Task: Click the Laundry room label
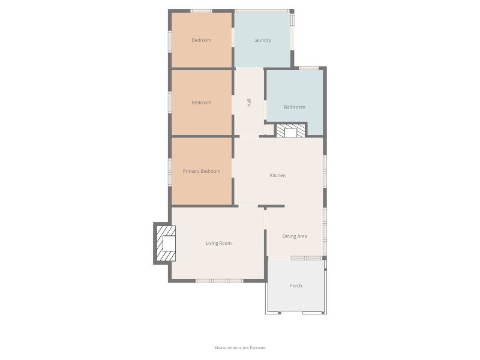[x=262, y=40]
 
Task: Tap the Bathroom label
[x=295, y=107]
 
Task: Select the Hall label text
[x=249, y=102]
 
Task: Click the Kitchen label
[x=278, y=175]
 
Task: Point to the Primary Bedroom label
[x=202, y=171]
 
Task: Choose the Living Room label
[x=218, y=244]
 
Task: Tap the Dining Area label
[x=295, y=236]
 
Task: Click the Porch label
[x=296, y=286]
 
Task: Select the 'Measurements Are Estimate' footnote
[x=240, y=348]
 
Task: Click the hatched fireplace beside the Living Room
[x=166, y=244]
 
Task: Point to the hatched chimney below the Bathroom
[x=290, y=131]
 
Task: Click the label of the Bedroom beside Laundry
[x=202, y=40]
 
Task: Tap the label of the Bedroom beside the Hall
[x=202, y=103]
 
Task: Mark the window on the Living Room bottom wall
[x=220, y=281]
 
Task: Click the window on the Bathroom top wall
[x=308, y=68]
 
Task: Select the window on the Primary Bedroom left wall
[x=170, y=172]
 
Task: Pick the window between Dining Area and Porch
[x=306, y=259]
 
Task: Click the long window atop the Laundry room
[x=262, y=11]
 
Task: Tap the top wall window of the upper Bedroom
[x=201, y=11]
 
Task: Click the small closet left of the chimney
[x=269, y=130]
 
